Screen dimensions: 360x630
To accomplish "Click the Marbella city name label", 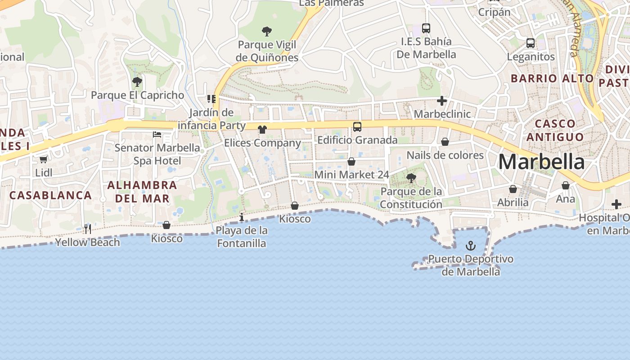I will (542, 162).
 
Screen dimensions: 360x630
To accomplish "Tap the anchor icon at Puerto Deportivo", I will (470, 246).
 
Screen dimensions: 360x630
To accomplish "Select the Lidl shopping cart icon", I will (44, 159).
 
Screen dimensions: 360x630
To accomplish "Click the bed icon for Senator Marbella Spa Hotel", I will (157, 134).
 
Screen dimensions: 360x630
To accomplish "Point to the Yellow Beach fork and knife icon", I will (88, 229).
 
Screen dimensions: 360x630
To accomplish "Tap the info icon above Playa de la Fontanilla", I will (242, 217).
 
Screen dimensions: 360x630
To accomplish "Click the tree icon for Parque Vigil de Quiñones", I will (267, 31).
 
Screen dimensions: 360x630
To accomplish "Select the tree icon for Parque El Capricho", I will (137, 82).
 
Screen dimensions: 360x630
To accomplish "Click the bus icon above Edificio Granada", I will (357, 127).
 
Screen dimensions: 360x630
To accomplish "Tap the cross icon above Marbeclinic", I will (442, 101).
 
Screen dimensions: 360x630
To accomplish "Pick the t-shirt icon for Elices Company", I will (262, 130).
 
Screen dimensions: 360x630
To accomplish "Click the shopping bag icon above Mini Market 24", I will (351, 162).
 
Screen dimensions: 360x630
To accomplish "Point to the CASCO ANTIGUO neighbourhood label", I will (555, 130).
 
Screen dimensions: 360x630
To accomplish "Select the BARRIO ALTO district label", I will (552, 78).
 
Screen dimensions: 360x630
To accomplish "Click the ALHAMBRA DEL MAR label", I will (142, 192).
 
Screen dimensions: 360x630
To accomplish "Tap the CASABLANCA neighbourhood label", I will (50, 195).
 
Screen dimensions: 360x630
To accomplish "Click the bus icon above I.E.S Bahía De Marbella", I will (426, 28).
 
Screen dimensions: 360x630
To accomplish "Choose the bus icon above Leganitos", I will (531, 44).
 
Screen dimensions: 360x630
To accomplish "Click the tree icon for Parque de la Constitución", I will (411, 178).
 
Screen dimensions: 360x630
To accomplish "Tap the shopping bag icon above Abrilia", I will (513, 189).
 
